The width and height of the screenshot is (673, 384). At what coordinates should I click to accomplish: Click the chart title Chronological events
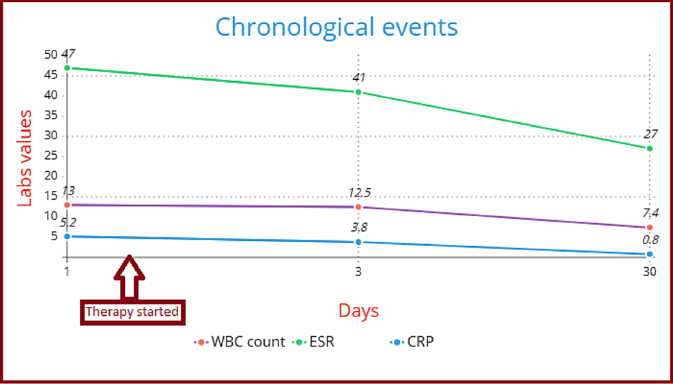336,27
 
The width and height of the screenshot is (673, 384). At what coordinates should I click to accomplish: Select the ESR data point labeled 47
67,68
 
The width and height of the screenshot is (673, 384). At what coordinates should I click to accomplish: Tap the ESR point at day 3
358,92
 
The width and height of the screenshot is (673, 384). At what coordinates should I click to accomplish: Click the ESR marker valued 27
649,148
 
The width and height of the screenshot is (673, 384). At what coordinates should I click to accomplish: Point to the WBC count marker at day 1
67,205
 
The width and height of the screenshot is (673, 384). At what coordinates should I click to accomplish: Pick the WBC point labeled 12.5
358,207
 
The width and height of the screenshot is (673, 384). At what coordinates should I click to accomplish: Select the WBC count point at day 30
649,227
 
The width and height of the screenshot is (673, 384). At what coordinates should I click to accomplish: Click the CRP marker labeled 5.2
67,236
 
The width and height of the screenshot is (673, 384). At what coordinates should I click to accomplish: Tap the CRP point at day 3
358,242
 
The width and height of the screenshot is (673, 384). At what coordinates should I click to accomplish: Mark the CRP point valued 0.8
649,254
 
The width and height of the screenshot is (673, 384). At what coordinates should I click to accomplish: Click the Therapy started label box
132,312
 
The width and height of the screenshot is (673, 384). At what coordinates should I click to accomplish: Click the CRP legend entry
412,342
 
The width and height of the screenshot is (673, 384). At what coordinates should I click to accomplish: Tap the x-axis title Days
358,311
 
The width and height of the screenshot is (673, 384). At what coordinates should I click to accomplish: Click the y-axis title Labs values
25,158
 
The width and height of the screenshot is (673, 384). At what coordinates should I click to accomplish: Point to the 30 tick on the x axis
649,271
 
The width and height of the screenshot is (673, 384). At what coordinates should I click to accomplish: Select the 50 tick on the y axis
49,55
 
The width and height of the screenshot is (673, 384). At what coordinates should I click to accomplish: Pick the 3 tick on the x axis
358,271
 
